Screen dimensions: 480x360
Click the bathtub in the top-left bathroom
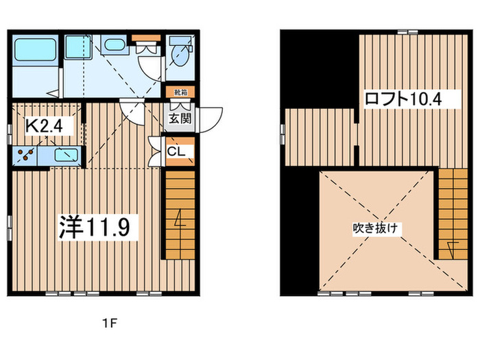tap(36, 49)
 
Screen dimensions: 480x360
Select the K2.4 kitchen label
tap(44, 125)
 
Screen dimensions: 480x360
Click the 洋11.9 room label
tap(95, 227)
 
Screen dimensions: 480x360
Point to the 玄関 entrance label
tap(180, 119)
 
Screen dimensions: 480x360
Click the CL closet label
tap(176, 152)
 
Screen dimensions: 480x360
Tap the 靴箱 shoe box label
tap(180, 92)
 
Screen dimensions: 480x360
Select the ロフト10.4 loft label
tap(403, 99)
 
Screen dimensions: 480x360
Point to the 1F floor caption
tap(110, 323)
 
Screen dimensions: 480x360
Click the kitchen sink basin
tap(66, 155)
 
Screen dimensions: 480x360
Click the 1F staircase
tap(180, 215)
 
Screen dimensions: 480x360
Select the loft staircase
tap(453, 214)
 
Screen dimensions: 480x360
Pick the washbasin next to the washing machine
tap(114, 45)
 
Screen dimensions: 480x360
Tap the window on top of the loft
tap(407, 32)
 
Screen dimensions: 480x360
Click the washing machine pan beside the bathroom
tap(78, 47)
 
